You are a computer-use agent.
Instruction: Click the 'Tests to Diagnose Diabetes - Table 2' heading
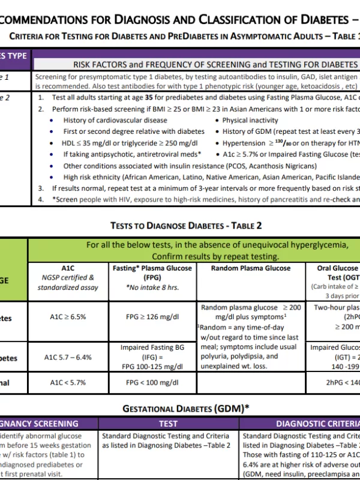click(186, 226)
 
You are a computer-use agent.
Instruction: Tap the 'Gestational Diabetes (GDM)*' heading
click(186, 409)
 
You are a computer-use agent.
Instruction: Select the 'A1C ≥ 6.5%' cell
click(68, 316)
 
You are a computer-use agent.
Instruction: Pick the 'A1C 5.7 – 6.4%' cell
click(68, 357)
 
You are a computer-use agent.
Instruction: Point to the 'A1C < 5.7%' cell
click(68, 382)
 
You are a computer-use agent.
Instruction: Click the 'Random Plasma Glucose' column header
click(251, 268)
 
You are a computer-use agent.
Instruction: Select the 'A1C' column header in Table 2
click(68, 268)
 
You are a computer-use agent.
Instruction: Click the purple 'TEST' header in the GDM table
click(168, 424)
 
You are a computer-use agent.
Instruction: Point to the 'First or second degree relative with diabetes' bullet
click(134, 131)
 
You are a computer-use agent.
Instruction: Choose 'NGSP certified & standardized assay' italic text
click(68, 282)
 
